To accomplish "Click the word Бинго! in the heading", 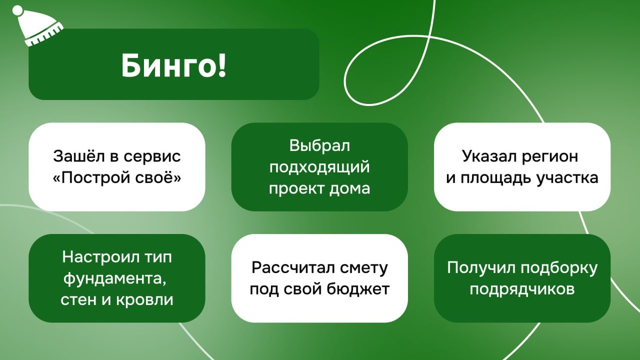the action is (174, 66).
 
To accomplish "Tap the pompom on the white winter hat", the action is (18, 10).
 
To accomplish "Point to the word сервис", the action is (153, 157).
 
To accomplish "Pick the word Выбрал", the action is (319, 146).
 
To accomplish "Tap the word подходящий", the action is (319, 167).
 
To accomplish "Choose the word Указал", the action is (489, 156).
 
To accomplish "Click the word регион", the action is (550, 157).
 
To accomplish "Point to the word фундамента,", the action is (115, 278).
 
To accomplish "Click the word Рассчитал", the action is (293, 268).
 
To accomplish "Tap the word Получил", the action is (481, 268).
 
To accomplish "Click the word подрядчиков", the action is (522, 290).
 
